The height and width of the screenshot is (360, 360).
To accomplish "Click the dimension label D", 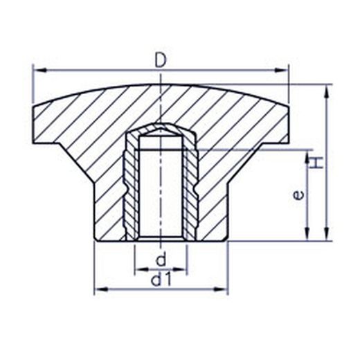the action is (161, 60).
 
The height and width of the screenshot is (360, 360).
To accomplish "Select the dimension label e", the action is (298, 195).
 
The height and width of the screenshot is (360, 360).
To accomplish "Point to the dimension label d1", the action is (161, 280).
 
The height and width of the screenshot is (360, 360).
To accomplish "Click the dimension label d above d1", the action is (161, 260).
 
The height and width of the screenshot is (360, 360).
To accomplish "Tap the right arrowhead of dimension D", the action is (281, 70).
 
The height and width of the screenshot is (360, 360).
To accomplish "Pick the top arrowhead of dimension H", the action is (327, 91).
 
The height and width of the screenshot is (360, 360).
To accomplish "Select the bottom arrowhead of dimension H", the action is (327, 234).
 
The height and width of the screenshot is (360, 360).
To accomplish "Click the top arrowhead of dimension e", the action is (307, 157).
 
